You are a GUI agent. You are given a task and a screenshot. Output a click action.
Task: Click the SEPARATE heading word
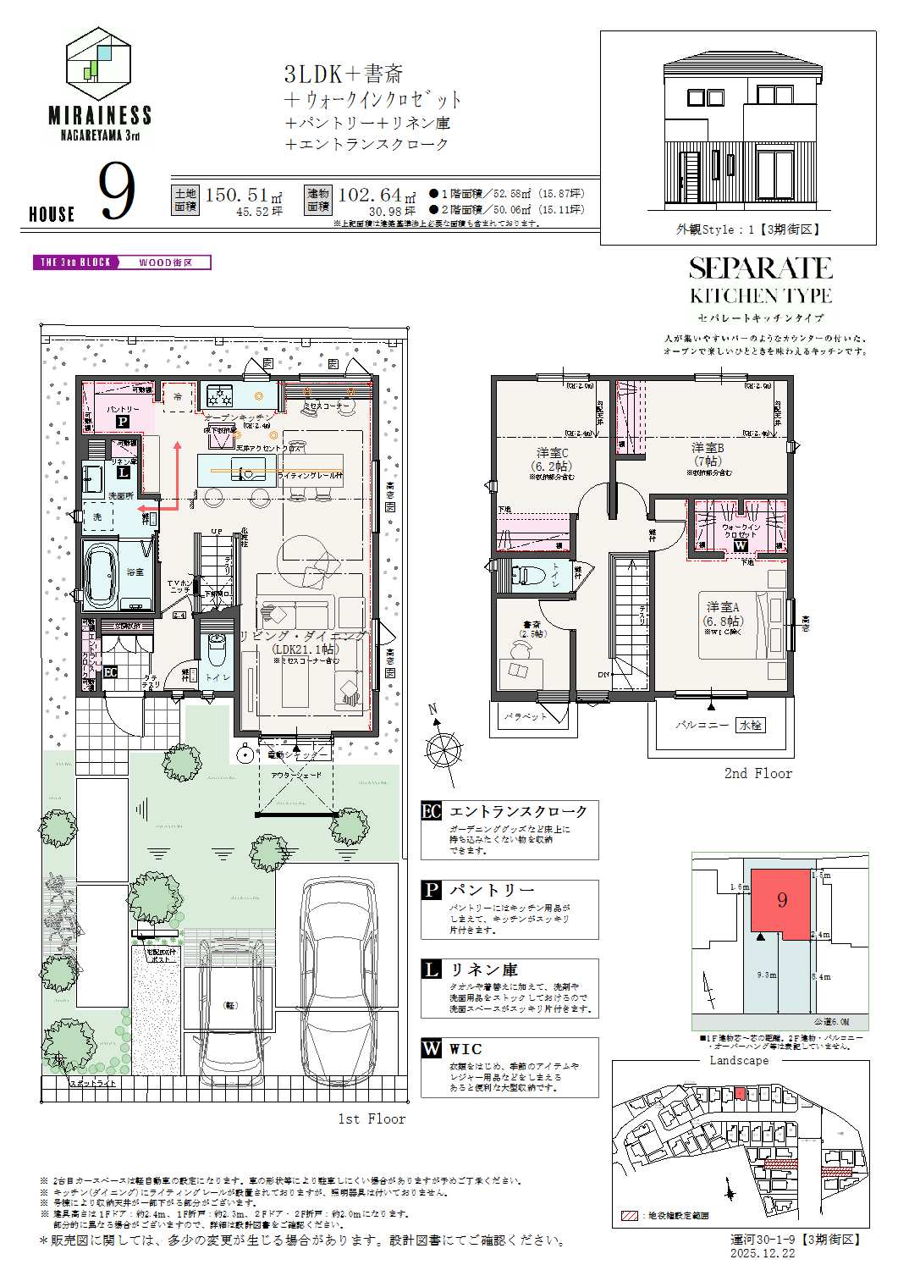(x=760, y=269)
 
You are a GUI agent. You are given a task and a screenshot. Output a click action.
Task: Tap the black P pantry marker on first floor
(x=122, y=420)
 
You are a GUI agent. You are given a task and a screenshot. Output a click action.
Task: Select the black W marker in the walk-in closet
(x=741, y=546)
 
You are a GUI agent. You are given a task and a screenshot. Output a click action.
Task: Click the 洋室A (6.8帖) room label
(x=724, y=613)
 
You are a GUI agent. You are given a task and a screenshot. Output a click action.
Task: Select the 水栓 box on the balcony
(x=750, y=725)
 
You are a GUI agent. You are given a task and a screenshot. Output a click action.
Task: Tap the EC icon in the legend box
(x=432, y=811)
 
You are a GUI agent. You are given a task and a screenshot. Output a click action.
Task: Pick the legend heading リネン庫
(x=483, y=969)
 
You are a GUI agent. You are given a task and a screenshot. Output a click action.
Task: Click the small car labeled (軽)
(x=228, y=1005)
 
